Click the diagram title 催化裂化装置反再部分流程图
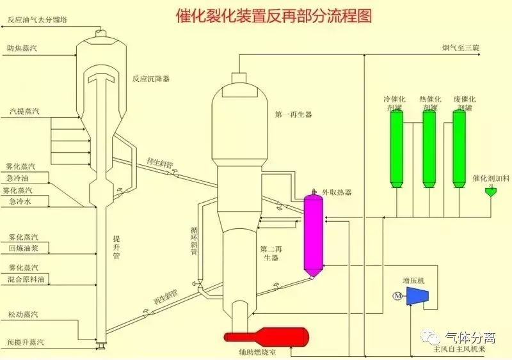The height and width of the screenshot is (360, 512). (273, 16)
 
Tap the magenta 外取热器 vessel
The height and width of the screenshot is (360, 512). (313, 233)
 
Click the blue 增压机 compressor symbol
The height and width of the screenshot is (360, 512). (419, 295)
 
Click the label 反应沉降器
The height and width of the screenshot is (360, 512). (151, 79)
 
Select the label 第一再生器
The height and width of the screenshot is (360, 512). (294, 114)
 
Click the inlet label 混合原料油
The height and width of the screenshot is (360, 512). (28, 279)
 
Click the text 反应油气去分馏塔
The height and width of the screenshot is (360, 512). (38, 20)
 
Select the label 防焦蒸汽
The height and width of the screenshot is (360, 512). (22, 49)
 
